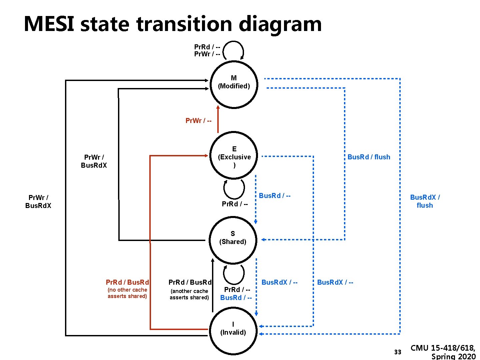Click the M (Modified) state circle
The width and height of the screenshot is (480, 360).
[234, 84]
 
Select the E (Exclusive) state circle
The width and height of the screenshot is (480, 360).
[234, 156]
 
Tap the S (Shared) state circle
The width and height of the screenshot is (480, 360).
[233, 239]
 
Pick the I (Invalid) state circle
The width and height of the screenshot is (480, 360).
[233, 330]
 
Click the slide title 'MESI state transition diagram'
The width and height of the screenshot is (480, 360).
[173, 24]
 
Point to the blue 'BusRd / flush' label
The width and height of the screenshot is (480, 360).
[369, 157]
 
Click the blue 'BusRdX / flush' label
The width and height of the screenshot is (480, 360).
[425, 201]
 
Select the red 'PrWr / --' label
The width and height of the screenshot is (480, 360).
[198, 121]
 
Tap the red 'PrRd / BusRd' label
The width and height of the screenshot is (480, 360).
[127, 282]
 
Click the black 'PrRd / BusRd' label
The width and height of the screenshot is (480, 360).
[190, 282]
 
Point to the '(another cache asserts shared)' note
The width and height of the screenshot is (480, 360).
[189, 294]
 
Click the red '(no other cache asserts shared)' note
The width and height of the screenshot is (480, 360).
[127, 293]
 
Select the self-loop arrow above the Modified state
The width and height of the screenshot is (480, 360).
[234, 50]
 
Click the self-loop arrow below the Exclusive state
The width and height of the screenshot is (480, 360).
[234, 189]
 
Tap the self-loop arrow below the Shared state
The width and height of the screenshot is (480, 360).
[234, 274]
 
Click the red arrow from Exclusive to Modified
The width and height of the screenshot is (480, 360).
[218, 119]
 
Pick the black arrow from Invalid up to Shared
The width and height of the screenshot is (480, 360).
[213, 285]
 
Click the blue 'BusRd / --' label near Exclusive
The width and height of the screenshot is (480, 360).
[275, 196]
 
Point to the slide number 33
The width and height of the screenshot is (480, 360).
[398, 352]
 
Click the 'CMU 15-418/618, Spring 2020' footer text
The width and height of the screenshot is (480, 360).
[443, 352]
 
